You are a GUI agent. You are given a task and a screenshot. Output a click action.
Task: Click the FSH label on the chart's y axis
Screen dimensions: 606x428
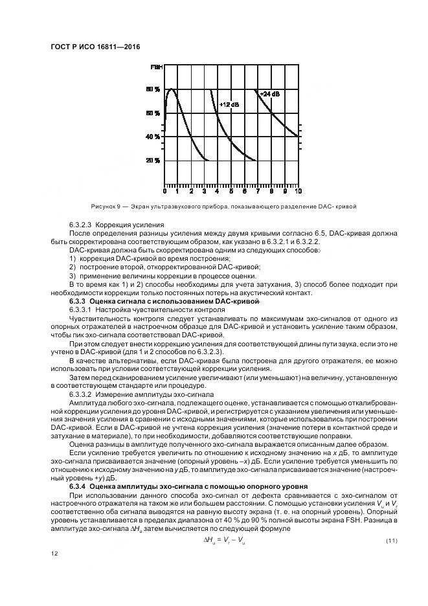(156, 67)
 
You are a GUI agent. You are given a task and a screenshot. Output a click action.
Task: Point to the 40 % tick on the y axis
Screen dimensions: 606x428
(153, 137)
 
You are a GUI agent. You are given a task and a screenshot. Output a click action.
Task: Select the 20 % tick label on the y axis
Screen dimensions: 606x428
(153, 161)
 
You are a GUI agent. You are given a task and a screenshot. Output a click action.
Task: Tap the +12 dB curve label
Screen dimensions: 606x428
(229, 104)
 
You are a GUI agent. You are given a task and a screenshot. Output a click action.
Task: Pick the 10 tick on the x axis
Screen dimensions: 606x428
(298, 192)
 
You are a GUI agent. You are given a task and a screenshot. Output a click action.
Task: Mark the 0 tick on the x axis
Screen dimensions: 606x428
(164, 192)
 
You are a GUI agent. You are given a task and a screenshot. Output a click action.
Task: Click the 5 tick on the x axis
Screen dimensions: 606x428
(231, 192)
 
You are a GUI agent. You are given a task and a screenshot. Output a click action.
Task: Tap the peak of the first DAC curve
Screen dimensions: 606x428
(171, 89)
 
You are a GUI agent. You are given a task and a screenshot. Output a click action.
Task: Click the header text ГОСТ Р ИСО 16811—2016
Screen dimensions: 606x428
(95, 47)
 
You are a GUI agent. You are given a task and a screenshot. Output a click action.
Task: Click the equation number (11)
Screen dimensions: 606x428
(391, 540)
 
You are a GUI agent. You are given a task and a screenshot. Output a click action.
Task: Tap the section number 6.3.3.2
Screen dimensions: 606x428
(82, 394)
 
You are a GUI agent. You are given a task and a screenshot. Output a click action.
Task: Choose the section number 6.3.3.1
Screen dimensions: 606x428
(82, 309)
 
